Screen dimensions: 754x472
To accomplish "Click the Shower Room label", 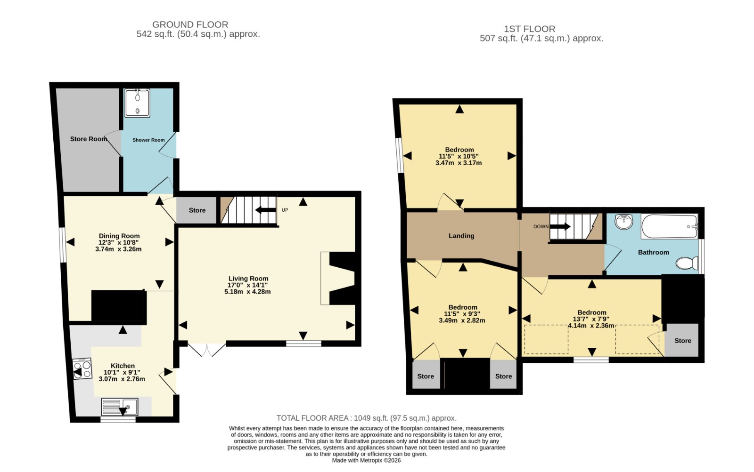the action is pos(148,140).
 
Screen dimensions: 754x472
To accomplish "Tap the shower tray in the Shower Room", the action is pos(137,103).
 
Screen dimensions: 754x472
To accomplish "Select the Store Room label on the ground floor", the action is pos(89,139).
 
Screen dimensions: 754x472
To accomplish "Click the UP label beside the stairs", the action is pos(285,210).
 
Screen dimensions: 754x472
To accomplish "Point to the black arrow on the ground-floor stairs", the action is pos(265,210).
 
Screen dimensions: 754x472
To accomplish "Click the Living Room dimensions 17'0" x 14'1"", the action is pos(248,285).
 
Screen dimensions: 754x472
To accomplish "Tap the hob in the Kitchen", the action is pos(82,369).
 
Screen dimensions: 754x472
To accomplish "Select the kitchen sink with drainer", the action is pos(120,407).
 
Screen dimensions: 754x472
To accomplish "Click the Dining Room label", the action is pos(119,236).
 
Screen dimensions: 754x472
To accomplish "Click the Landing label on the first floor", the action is pos(461,236).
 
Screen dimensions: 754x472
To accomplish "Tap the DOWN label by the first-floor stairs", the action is pos(541,226).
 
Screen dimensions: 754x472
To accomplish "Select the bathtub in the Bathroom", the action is pos(669,226).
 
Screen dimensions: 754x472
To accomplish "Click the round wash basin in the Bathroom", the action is pos(624,222).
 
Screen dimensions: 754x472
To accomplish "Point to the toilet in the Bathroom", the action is pos(687,263).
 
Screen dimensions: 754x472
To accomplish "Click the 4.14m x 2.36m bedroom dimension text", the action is pos(591,326).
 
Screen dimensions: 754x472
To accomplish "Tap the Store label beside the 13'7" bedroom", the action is pos(683,341).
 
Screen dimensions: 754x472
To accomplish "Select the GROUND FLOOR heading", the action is pos(190,24).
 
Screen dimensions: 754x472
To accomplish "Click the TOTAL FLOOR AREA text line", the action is pos(367,418).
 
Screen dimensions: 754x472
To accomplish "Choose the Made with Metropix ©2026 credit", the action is pos(366,461).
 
